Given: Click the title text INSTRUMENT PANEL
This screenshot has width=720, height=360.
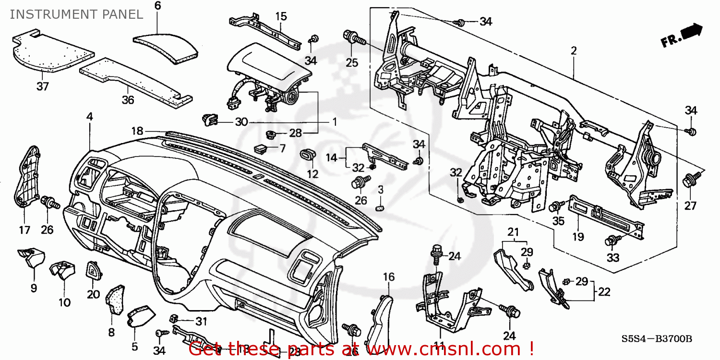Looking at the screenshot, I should [x=76, y=14].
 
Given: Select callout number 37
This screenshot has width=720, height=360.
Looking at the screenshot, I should [x=43, y=86].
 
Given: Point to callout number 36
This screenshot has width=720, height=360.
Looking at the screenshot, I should [x=127, y=100].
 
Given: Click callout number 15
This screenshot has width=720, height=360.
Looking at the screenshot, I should [x=281, y=17].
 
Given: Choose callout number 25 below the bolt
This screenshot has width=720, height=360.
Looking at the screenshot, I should [x=352, y=62].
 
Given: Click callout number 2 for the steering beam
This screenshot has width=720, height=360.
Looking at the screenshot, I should [x=573, y=51].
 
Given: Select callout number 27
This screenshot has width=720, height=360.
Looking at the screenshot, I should [x=689, y=206].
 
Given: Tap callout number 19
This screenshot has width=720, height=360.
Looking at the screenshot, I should [x=577, y=236].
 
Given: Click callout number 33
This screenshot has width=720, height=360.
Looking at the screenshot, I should [x=613, y=258].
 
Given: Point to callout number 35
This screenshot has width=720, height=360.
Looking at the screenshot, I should [x=558, y=222].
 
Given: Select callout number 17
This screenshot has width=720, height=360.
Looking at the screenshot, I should [x=24, y=229].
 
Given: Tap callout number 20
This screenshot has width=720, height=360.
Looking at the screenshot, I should [x=93, y=294].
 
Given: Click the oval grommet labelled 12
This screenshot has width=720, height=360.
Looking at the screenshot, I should [x=307, y=156].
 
